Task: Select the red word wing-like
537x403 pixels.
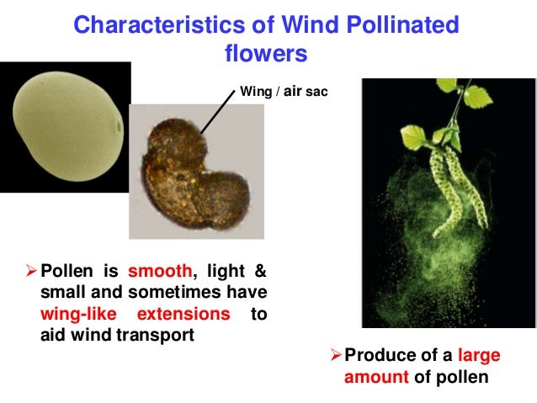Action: (77, 314)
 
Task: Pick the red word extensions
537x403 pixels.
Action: (186, 314)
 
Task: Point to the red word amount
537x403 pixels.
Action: (377, 377)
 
